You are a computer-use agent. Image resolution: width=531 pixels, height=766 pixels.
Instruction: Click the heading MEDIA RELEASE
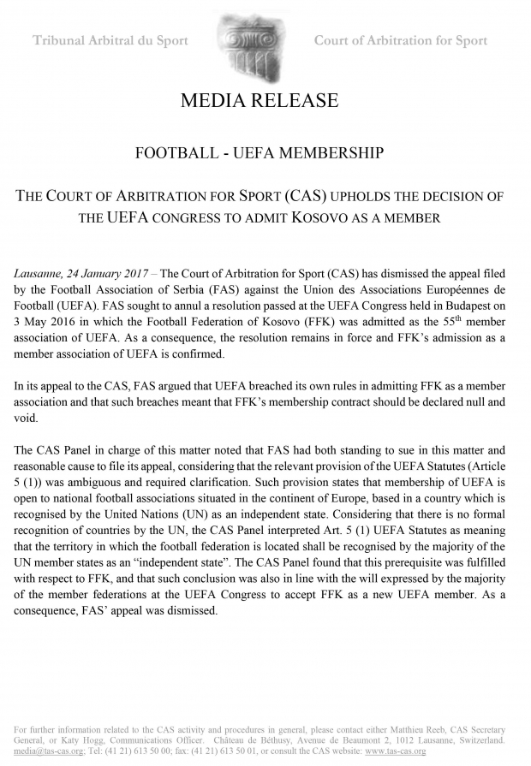point(260,101)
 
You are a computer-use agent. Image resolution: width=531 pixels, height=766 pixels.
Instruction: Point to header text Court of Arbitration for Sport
point(401,40)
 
